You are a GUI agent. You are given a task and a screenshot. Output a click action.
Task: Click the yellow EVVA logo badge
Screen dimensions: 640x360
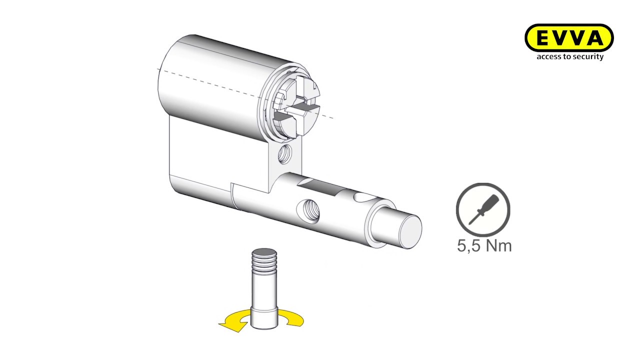pos(569,38)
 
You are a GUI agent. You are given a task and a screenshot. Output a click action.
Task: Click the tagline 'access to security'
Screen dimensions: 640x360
pos(570,56)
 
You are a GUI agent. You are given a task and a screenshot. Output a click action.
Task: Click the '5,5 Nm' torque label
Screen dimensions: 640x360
pos(484,245)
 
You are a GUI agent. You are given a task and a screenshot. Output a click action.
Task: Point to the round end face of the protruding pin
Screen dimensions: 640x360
pos(410,232)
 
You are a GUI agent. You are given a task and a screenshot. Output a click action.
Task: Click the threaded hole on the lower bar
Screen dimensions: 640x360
pos(308,211)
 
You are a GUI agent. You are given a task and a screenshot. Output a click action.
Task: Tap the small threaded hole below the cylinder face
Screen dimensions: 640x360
pos(284,153)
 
